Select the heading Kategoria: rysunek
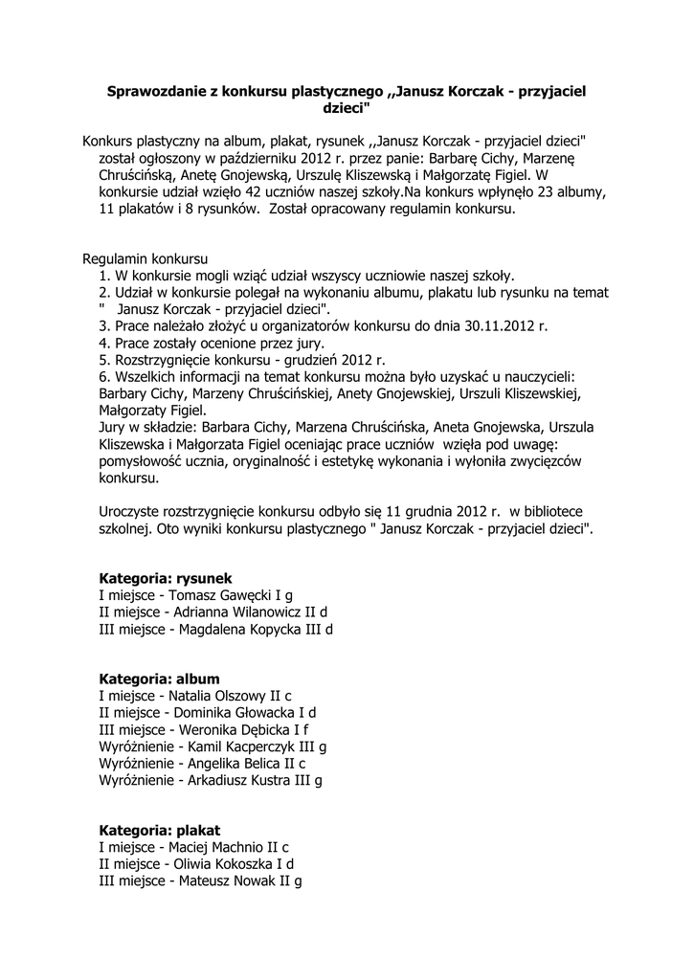pyautogui.click(x=166, y=578)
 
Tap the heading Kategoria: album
pyautogui.click(x=159, y=678)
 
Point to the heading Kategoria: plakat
pyautogui.click(x=159, y=830)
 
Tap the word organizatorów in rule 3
pyautogui.click(x=267, y=326)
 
